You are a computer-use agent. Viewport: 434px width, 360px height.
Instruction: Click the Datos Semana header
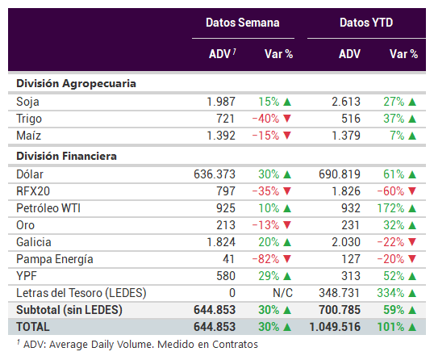tap(243, 23)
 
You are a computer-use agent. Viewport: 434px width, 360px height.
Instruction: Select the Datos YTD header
tap(366, 23)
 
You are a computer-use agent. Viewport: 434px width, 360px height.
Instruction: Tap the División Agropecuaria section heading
tap(76, 84)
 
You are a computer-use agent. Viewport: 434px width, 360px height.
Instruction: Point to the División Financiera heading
tap(66, 156)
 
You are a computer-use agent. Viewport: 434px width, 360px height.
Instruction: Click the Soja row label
tap(27, 102)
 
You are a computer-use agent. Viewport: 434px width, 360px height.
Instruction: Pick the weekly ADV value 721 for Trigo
tap(225, 119)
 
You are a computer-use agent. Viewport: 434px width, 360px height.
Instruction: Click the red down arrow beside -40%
tap(287, 119)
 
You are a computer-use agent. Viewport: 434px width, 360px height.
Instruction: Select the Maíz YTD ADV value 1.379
tap(346, 136)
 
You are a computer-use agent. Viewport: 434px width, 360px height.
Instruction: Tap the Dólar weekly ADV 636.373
tap(215, 174)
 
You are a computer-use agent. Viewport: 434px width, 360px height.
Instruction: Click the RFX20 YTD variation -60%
tap(390, 191)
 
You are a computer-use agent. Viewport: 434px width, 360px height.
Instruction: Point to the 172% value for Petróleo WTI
tap(390, 208)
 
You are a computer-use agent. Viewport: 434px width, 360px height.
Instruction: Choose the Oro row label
tap(26, 225)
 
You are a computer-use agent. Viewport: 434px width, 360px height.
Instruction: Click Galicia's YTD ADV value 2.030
tap(346, 242)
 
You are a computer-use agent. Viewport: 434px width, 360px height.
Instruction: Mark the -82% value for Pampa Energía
tap(265, 259)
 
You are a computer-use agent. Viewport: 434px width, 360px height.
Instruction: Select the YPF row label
tap(27, 276)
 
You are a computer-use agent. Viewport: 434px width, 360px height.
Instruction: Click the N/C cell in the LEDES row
tap(282, 293)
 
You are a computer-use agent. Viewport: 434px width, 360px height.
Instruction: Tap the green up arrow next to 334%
tap(412, 293)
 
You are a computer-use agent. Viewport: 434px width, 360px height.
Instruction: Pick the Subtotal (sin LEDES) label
tap(69, 310)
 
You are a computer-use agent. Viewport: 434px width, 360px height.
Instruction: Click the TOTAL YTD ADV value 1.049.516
tap(335, 327)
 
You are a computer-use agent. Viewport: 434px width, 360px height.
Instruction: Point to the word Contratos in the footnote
tap(235, 345)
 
